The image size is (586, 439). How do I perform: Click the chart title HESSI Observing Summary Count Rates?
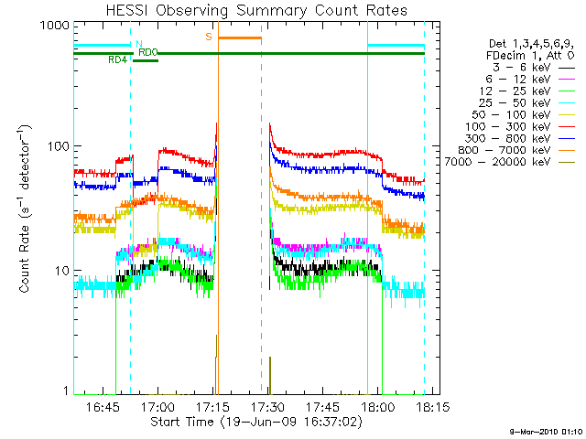(249, 10)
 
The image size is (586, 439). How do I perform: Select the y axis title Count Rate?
(28, 209)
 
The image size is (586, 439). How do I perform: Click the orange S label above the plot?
(209, 37)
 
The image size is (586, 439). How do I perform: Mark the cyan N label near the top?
(138, 43)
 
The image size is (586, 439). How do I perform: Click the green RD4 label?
(117, 59)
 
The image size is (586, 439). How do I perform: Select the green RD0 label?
(147, 52)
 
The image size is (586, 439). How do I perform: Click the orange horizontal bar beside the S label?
(240, 37)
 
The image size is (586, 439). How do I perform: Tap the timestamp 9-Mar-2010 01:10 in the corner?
(546, 431)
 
